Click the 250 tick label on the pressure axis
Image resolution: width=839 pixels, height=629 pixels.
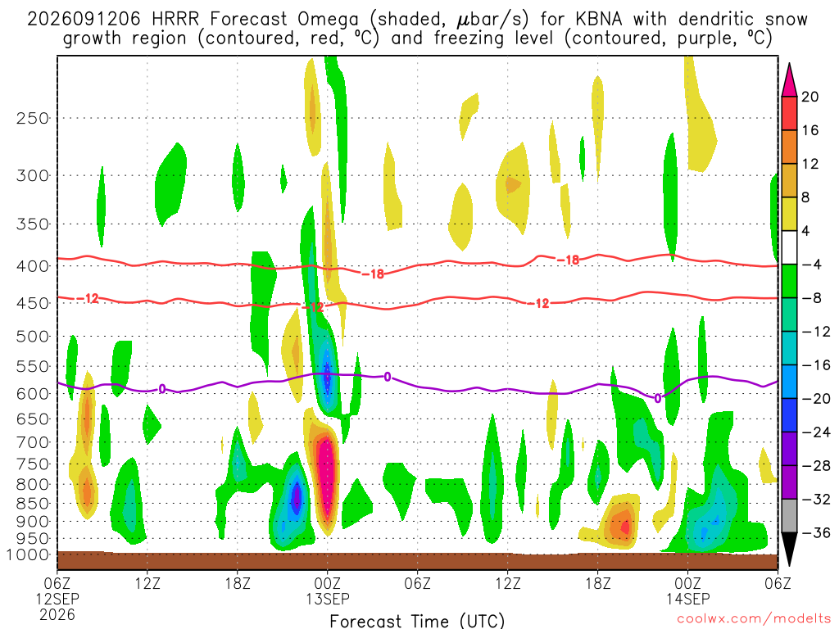33,118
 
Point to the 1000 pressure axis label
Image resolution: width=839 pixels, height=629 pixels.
28,555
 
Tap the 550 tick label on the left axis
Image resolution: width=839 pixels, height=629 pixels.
33,367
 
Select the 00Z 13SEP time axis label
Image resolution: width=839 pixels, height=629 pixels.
328,591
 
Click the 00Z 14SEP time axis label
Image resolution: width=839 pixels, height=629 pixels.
687,591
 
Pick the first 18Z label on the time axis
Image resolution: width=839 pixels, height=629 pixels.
238,583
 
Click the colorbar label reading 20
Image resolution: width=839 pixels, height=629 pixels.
810,97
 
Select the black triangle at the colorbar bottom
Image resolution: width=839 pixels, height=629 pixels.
789,547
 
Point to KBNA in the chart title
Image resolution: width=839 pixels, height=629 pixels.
599,20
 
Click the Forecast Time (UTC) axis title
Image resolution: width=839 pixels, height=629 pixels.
417,621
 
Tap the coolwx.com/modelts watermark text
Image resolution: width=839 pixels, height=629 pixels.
754,619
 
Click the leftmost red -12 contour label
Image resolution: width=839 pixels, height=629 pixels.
88,298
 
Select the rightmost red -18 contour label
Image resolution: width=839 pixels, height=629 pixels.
569,260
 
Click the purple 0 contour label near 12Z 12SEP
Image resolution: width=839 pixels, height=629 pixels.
162,389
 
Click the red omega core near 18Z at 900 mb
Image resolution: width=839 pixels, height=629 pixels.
624,527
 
